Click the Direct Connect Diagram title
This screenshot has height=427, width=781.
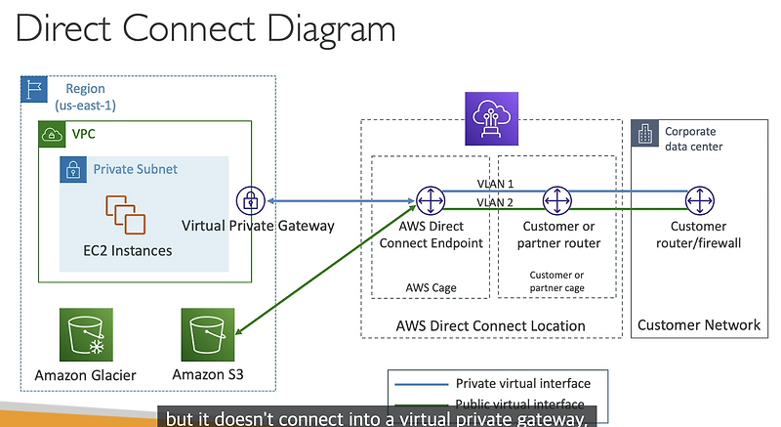[205, 29]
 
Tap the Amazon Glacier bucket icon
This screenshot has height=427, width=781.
[85, 335]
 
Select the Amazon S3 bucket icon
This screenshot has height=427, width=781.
[208, 335]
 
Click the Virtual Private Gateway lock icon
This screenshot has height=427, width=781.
[251, 201]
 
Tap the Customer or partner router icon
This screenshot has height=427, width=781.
[555, 201]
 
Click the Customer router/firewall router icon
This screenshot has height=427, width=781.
[698, 201]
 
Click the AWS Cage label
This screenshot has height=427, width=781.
[431, 287]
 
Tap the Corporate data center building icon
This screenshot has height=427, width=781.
[645, 132]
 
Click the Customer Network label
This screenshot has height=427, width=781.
[698, 324]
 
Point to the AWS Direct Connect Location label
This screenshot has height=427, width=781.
[492, 325]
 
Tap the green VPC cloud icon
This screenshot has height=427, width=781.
[50, 134]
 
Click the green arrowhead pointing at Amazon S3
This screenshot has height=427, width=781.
[239, 335]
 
